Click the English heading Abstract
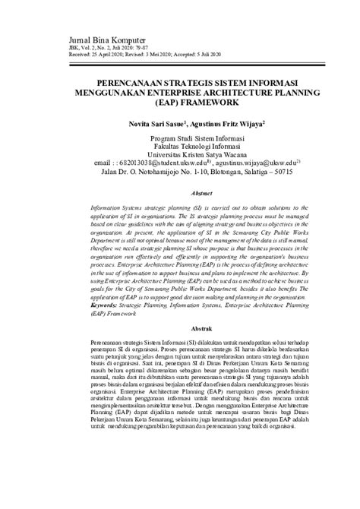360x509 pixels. pyautogui.click(x=180, y=194)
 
